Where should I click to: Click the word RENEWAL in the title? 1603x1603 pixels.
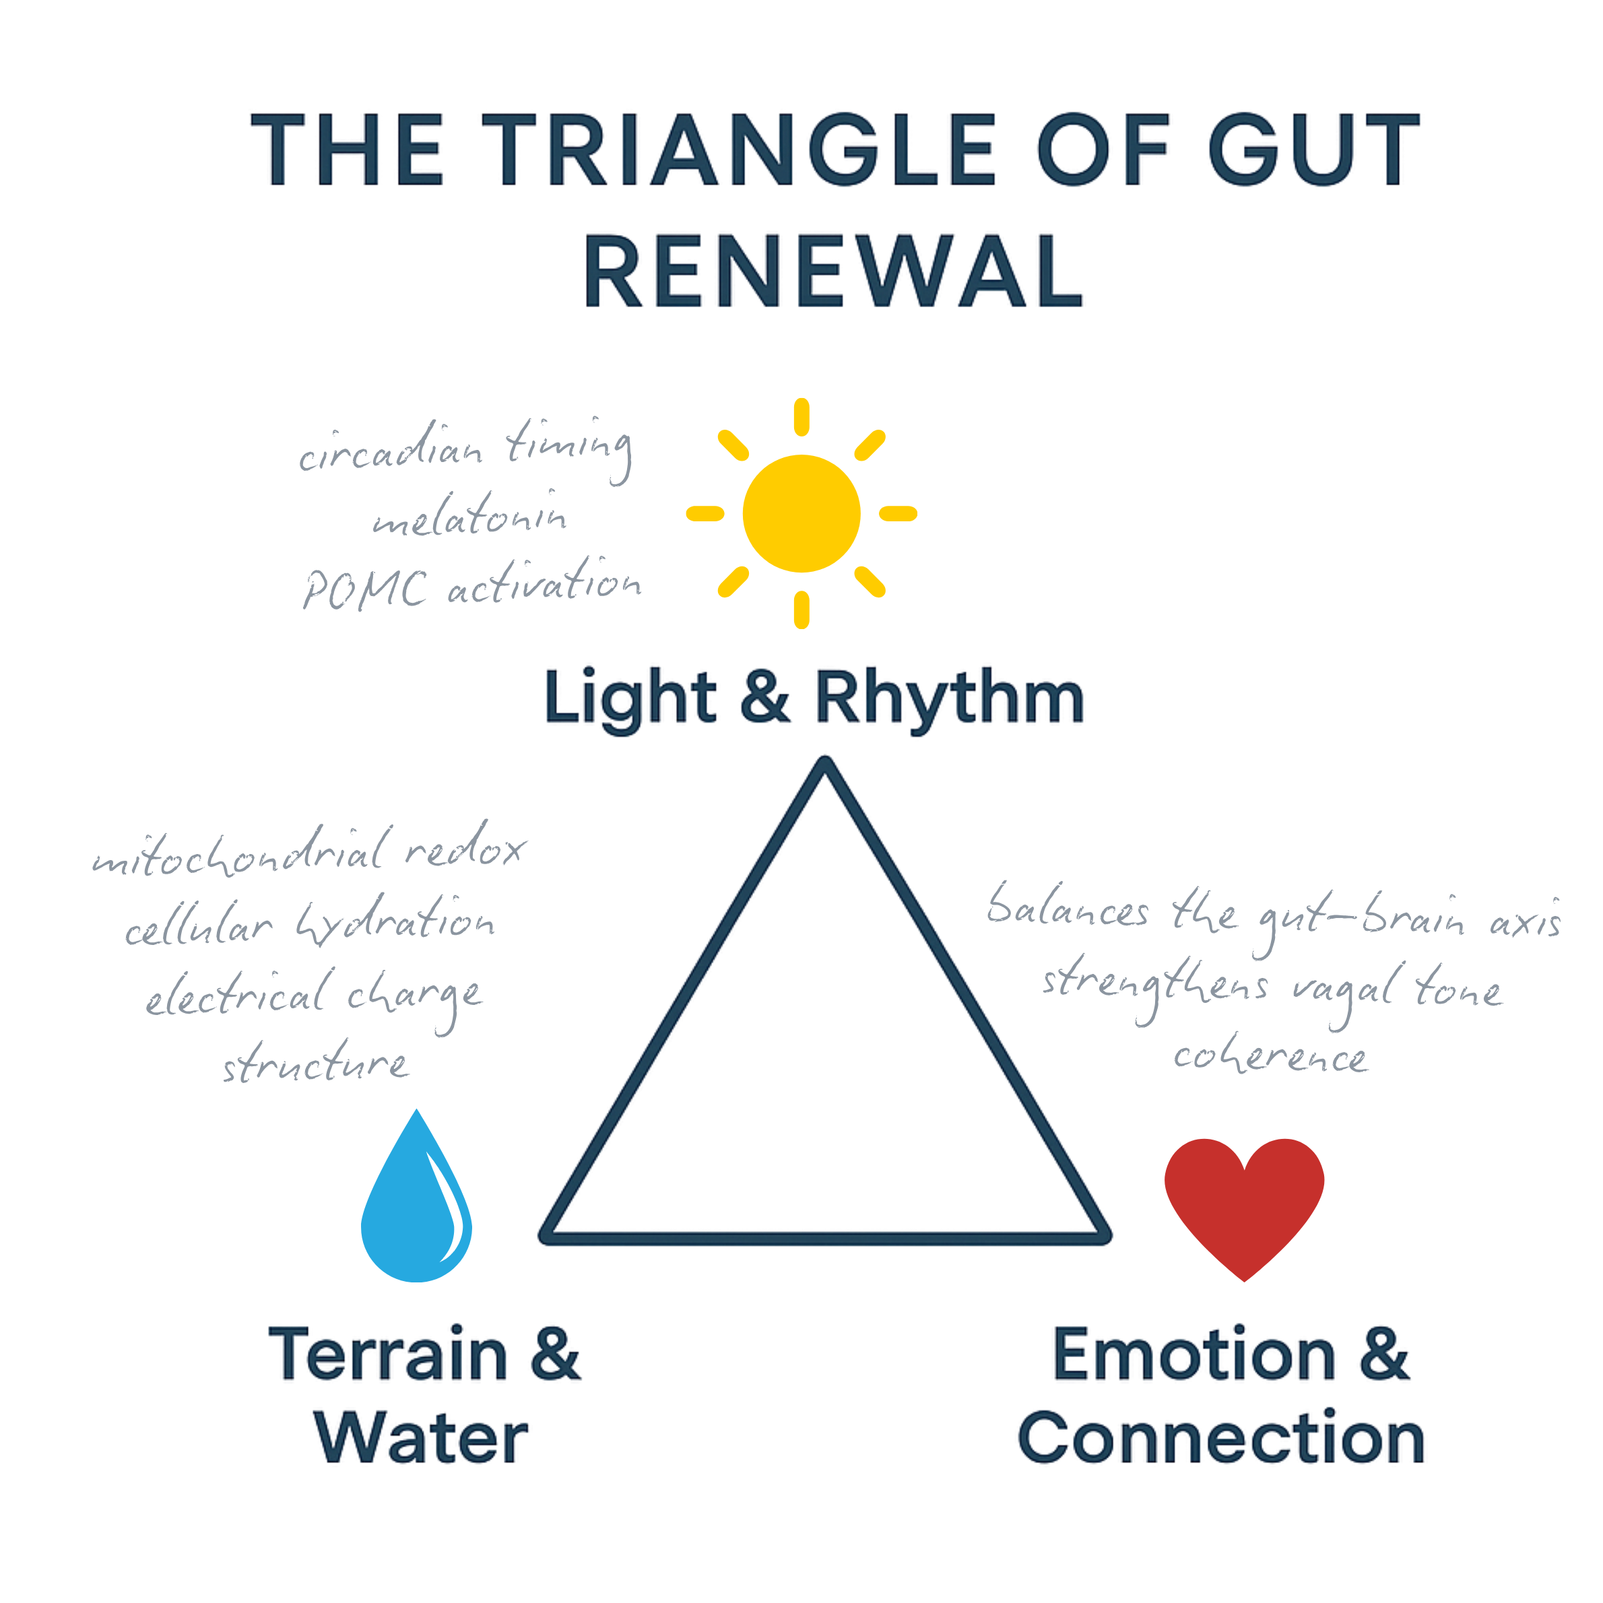833,271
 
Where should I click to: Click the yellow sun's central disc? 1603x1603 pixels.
802,514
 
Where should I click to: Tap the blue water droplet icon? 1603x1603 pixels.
416,1202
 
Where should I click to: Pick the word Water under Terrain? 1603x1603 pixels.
421,1438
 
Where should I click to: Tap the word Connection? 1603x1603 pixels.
1221,1438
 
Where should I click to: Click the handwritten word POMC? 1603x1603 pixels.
366,589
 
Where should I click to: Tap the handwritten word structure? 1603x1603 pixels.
315,1063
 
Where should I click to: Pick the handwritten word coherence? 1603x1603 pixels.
1270,1057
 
